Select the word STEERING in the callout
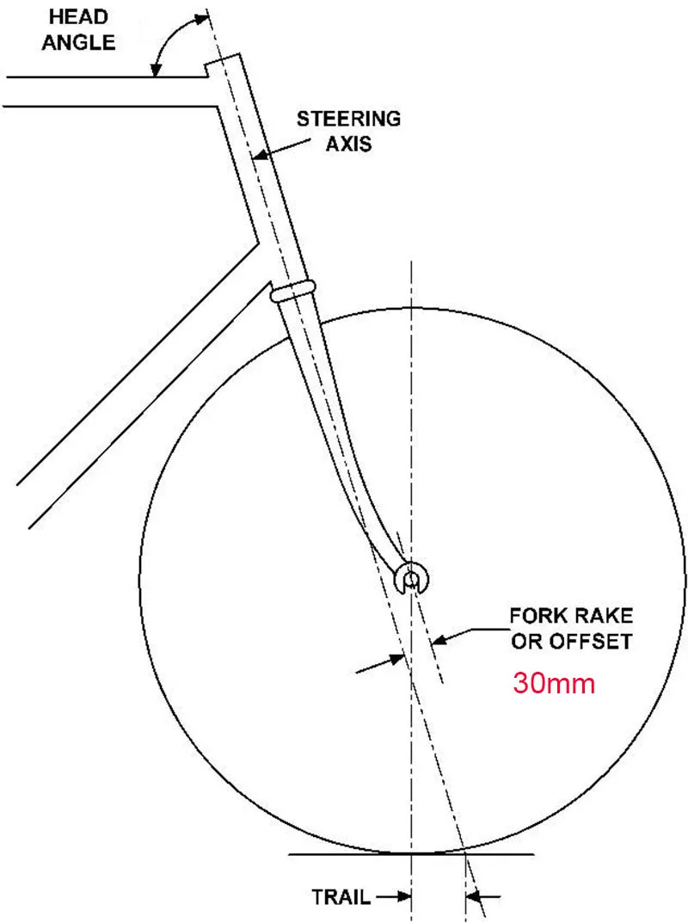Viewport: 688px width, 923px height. [348, 119]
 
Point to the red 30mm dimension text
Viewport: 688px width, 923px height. [555, 684]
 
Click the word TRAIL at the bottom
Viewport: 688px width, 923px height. [341, 897]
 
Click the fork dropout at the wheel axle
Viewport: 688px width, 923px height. [412, 578]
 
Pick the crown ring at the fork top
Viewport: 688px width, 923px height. [292, 289]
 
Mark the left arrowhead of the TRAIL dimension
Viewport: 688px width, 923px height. [404, 897]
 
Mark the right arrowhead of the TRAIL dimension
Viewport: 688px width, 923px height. [471, 897]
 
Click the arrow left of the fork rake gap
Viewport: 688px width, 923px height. [397, 659]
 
